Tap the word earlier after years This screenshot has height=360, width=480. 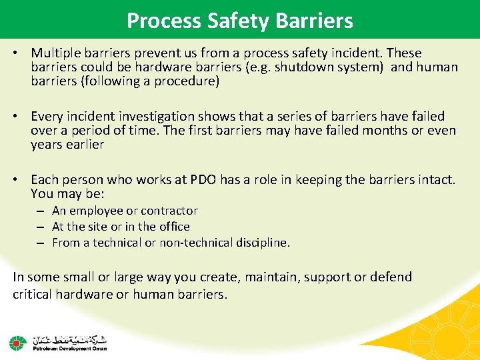point(87,145)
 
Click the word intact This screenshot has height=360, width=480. point(437,180)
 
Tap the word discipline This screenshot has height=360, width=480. point(266,243)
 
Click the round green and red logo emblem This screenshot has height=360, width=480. point(17,343)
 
